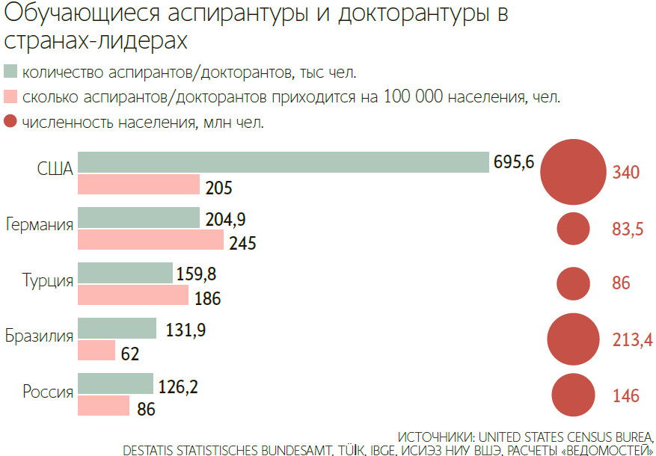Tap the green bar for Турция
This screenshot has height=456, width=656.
point(125,273)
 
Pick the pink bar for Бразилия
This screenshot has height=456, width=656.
point(96,351)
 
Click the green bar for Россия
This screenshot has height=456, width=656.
point(115,383)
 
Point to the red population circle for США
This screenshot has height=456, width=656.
point(573,172)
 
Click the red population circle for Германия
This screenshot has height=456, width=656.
point(574,229)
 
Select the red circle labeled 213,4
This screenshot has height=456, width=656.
point(573,339)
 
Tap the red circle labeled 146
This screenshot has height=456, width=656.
point(573,395)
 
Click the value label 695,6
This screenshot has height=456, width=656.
point(513,161)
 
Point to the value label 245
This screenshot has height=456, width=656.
point(243,243)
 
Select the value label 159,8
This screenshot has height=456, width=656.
point(197,273)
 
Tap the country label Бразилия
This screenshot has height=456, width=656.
point(39,336)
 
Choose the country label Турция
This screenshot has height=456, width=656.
point(48,281)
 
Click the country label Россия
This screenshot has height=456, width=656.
point(47,391)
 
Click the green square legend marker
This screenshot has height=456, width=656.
point(10,73)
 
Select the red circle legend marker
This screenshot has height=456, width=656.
point(10,121)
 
